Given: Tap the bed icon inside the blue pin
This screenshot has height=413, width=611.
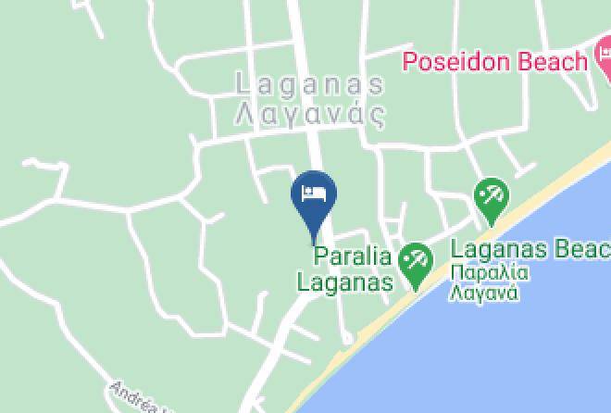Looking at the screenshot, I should [x=314, y=194].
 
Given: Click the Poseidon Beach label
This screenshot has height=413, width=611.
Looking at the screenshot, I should [x=495, y=62].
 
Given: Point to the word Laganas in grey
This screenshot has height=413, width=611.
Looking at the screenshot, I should [x=310, y=84].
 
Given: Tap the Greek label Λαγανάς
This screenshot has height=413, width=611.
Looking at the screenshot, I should [x=310, y=115].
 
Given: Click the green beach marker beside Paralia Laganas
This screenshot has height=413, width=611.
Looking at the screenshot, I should [x=417, y=263].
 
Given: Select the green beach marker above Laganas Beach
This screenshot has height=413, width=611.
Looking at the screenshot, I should [x=490, y=199].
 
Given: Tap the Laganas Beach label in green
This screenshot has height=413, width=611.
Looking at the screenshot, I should [x=530, y=249].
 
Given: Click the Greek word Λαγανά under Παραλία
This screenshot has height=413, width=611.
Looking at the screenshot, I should [x=483, y=294].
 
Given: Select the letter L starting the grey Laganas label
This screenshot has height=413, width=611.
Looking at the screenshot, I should [x=244, y=84].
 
